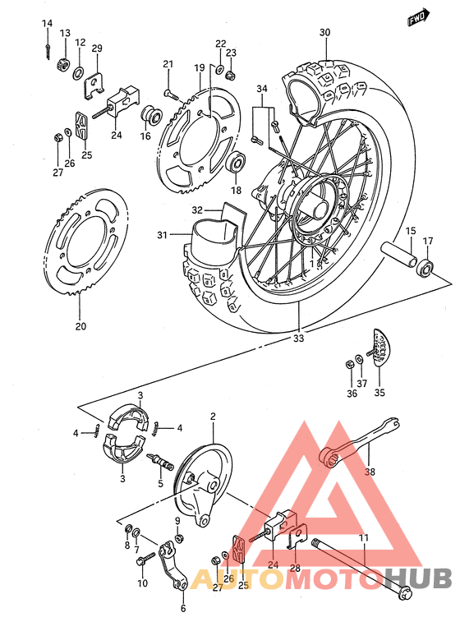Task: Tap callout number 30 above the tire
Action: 325,33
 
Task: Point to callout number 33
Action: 298,338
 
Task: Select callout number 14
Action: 47,23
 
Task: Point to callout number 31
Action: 163,236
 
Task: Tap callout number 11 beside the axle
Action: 362,538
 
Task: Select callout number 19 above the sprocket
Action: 199,67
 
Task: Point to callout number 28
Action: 294,567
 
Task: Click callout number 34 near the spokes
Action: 261,88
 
